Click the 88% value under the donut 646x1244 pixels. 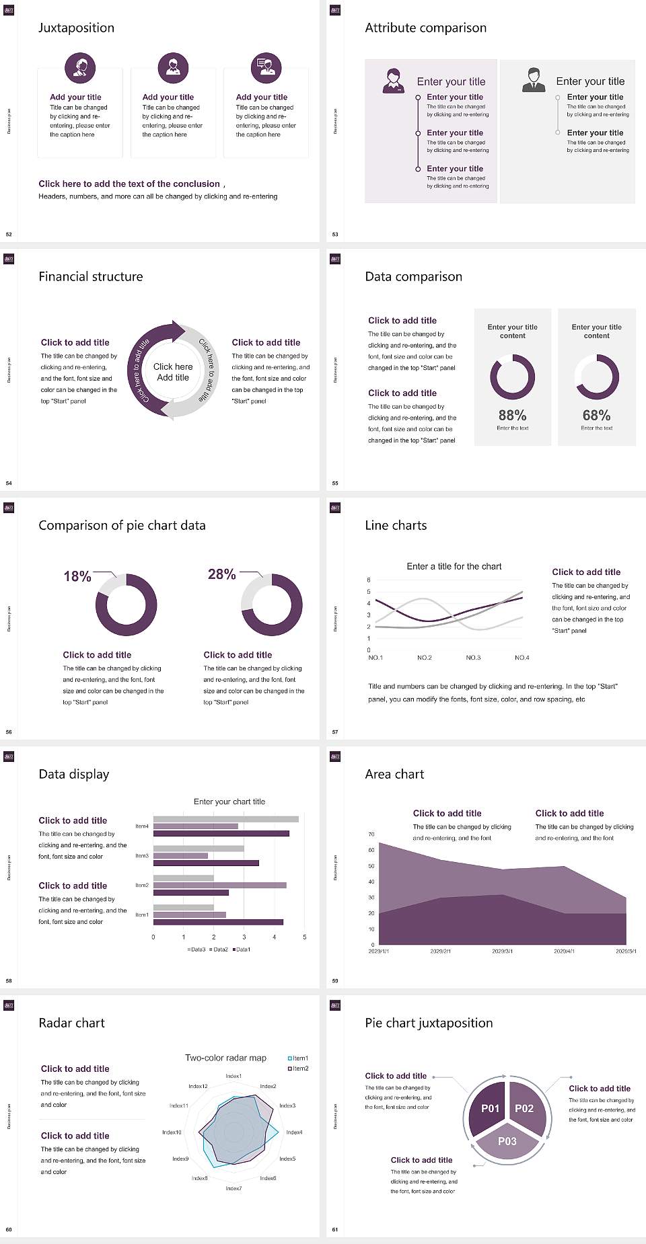tap(512, 416)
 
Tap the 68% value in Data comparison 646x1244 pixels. tap(596, 416)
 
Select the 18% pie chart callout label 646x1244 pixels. tap(77, 576)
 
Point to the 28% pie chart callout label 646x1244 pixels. tap(221, 574)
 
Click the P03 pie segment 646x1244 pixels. tap(507, 1141)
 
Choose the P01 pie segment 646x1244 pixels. tap(490, 1108)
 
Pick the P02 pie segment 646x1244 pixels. tap(524, 1108)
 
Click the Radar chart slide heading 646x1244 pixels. tap(72, 1023)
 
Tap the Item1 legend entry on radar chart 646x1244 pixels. tap(298, 1058)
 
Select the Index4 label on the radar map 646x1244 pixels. tap(294, 1132)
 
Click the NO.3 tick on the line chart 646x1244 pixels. tap(473, 658)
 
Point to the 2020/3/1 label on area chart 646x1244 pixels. tap(502, 951)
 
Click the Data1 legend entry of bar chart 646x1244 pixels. tap(242, 949)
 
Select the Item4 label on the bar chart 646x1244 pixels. tap(142, 826)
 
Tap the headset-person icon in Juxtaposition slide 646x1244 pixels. tap(80, 67)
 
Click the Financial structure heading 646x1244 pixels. tap(91, 276)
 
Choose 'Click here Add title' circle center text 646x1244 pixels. tap(173, 372)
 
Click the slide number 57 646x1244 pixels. tap(335, 732)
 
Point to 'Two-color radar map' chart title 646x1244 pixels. tap(225, 1058)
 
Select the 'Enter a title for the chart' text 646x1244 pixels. tap(454, 566)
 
